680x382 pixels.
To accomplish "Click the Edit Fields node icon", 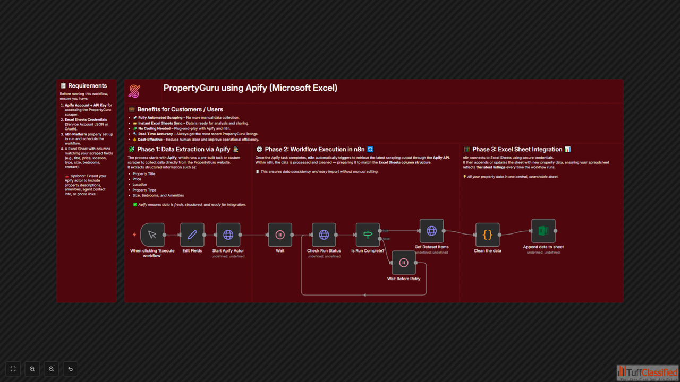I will tap(192, 235).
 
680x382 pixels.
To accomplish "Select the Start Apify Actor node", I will tap(228, 235).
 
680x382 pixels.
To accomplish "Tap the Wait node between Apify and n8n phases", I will tap(280, 235).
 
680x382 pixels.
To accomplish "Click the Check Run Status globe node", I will tap(324, 235).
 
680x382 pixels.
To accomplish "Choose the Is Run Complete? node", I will tap(368, 235).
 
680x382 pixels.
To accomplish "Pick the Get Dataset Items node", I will tap(431, 231).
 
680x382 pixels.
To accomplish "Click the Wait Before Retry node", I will tap(404, 263).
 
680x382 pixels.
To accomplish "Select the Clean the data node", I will tap(487, 235).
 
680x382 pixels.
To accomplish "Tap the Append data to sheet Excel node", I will tap(543, 231).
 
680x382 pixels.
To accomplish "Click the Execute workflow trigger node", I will tap(152, 235).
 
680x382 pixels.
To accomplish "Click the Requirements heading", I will tap(87, 86).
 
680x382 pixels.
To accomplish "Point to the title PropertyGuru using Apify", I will tap(250, 88).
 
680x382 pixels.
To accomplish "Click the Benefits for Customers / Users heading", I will tap(180, 109).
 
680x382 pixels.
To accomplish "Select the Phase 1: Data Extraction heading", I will tap(184, 150).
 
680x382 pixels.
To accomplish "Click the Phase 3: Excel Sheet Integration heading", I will tap(517, 150).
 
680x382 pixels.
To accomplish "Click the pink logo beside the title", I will tap(134, 91).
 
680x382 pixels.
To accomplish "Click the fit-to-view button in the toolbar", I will tap(13, 369).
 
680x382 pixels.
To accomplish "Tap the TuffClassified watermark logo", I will tap(647, 372).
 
